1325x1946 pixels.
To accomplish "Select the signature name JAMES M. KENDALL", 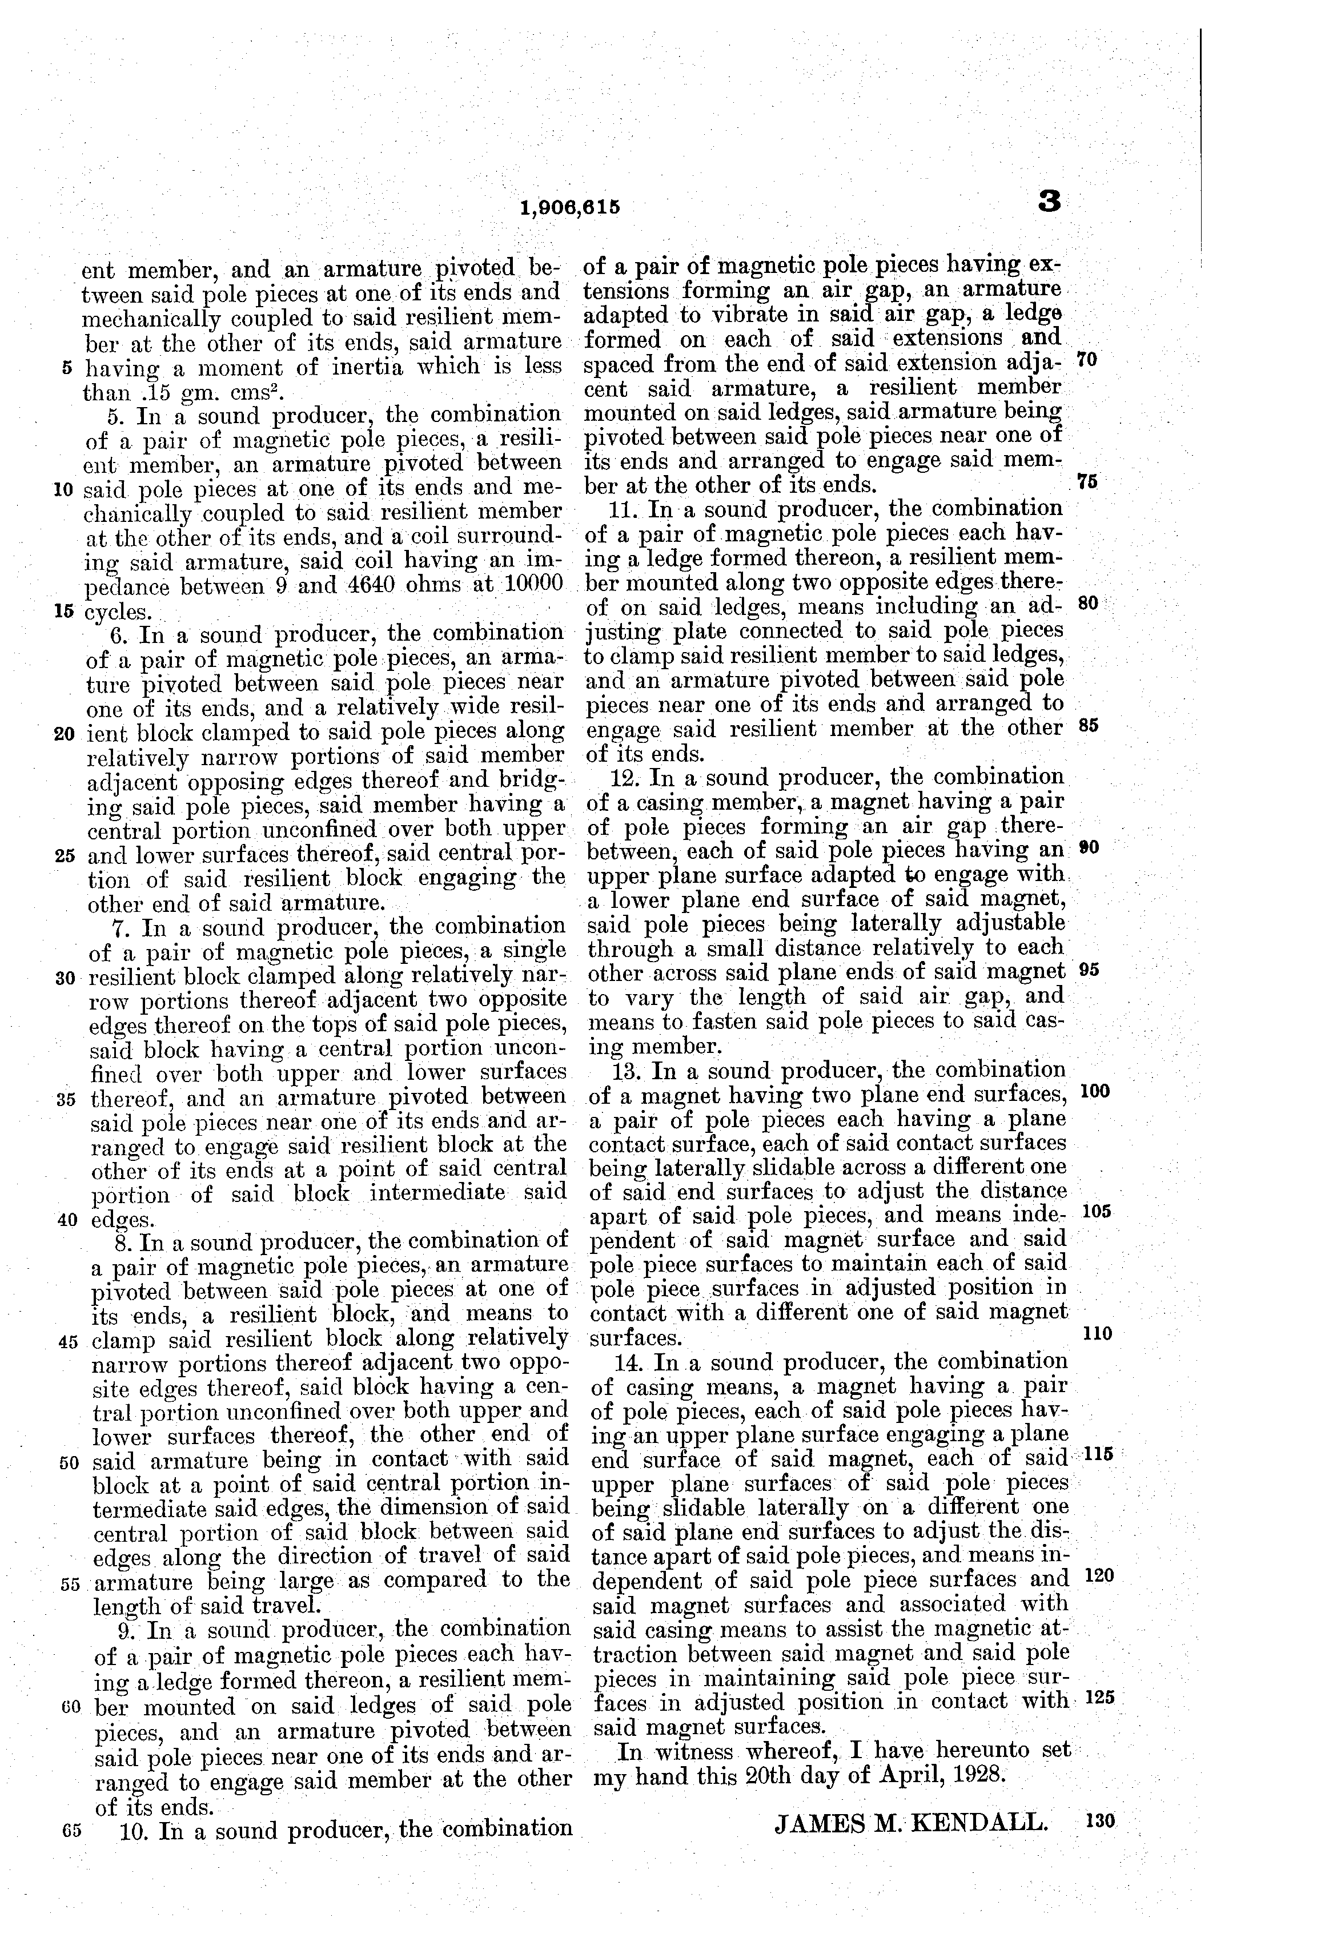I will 910,1822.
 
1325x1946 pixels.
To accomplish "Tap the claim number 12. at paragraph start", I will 625,776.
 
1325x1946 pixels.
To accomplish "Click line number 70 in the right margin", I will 1086,361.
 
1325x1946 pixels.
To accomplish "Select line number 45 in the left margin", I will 68,1340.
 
